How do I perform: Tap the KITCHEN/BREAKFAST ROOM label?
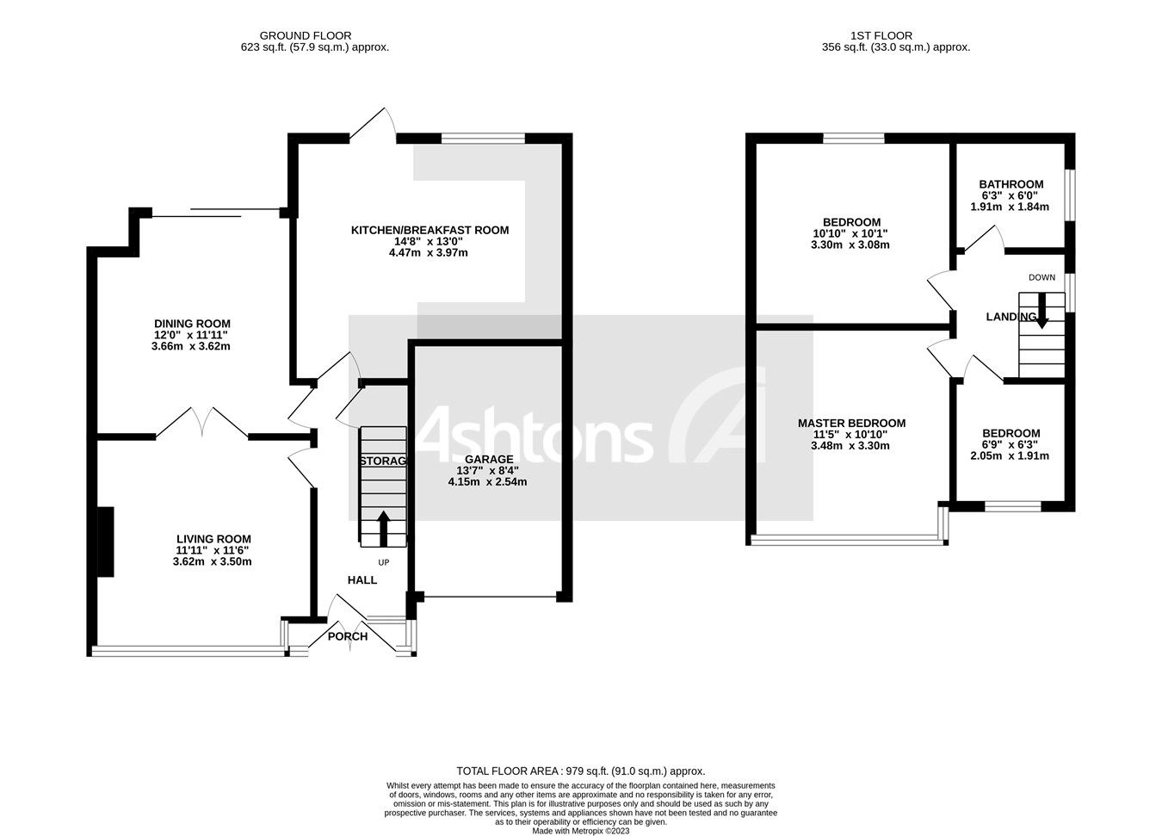(430, 230)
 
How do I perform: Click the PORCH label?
(348, 636)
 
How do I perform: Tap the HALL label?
(362, 579)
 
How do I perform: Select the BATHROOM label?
(1011, 184)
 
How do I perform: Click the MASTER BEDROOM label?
(851, 423)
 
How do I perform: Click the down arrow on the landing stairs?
(1041, 311)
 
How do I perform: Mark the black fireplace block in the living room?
(105, 542)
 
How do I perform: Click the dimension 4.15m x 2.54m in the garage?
(487, 482)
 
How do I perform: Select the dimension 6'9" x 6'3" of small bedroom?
(1011, 444)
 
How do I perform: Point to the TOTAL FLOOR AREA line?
(580, 771)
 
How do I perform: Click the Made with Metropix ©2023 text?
(581, 831)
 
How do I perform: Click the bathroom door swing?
(981, 238)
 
